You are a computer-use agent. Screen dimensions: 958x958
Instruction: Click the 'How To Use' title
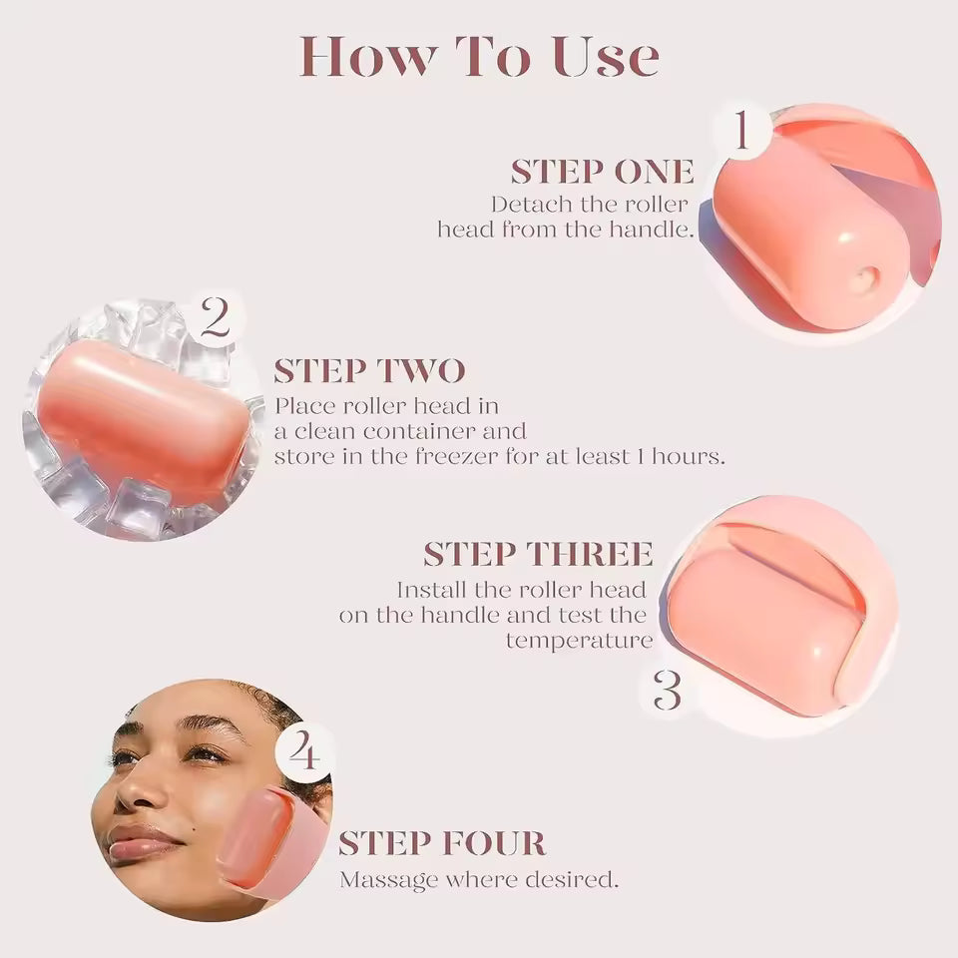coord(479,57)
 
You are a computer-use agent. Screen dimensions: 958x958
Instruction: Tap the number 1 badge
coord(740,134)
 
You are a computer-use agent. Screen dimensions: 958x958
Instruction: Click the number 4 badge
coord(304,752)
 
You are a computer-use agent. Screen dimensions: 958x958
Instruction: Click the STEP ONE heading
coord(602,172)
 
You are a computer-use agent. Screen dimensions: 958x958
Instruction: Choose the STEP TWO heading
coord(369,371)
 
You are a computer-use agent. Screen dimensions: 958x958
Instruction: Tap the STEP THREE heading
coord(538,554)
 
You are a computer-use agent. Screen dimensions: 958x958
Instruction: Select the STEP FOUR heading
coord(441,843)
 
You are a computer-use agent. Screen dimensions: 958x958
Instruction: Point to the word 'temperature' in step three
coord(579,641)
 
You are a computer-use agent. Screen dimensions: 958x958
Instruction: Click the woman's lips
coord(143,846)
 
